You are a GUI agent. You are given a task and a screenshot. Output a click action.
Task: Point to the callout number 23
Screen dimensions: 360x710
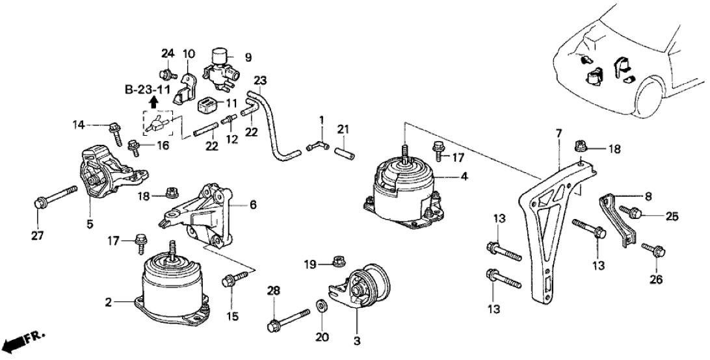tap(261, 81)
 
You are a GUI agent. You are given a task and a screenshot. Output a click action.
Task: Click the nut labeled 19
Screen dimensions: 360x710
tap(337, 263)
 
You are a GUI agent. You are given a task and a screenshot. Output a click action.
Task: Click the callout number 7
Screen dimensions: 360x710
tap(558, 134)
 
